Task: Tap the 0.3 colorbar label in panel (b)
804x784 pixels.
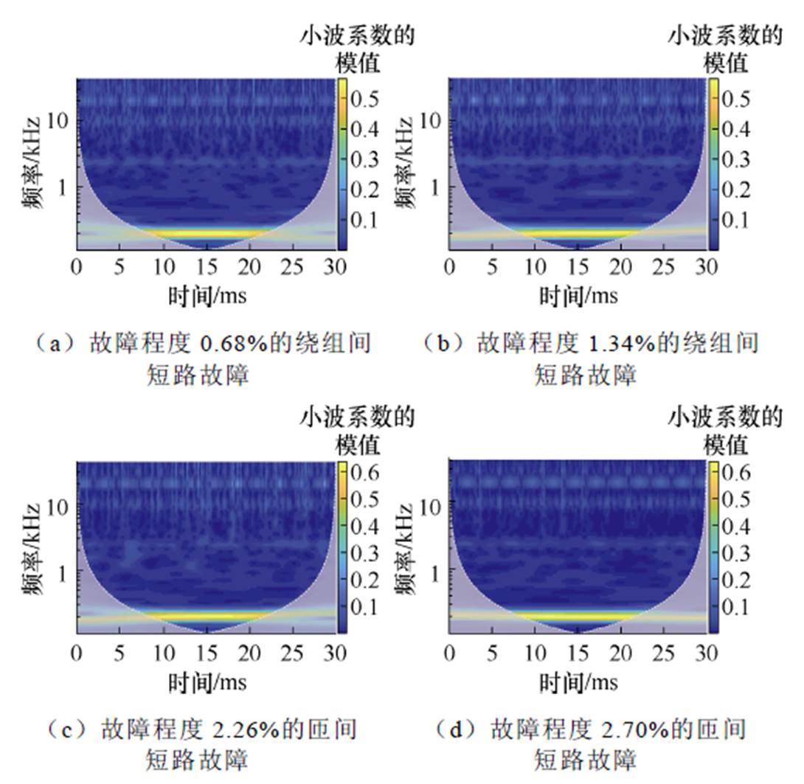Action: [x=735, y=159]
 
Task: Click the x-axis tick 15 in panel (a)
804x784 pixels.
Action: [x=209, y=266]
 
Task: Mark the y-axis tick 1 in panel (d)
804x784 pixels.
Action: [x=438, y=572]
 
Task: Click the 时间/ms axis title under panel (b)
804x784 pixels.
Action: [x=579, y=296]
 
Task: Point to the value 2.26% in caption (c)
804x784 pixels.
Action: [x=245, y=729]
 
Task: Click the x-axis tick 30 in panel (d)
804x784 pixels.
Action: [x=708, y=653]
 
